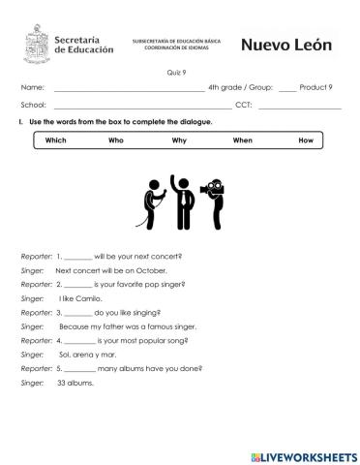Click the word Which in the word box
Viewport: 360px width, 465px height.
55,140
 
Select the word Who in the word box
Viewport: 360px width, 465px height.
116,140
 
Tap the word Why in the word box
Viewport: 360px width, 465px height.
179,140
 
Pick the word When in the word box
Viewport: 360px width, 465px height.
242,140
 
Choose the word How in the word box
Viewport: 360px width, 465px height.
306,140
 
